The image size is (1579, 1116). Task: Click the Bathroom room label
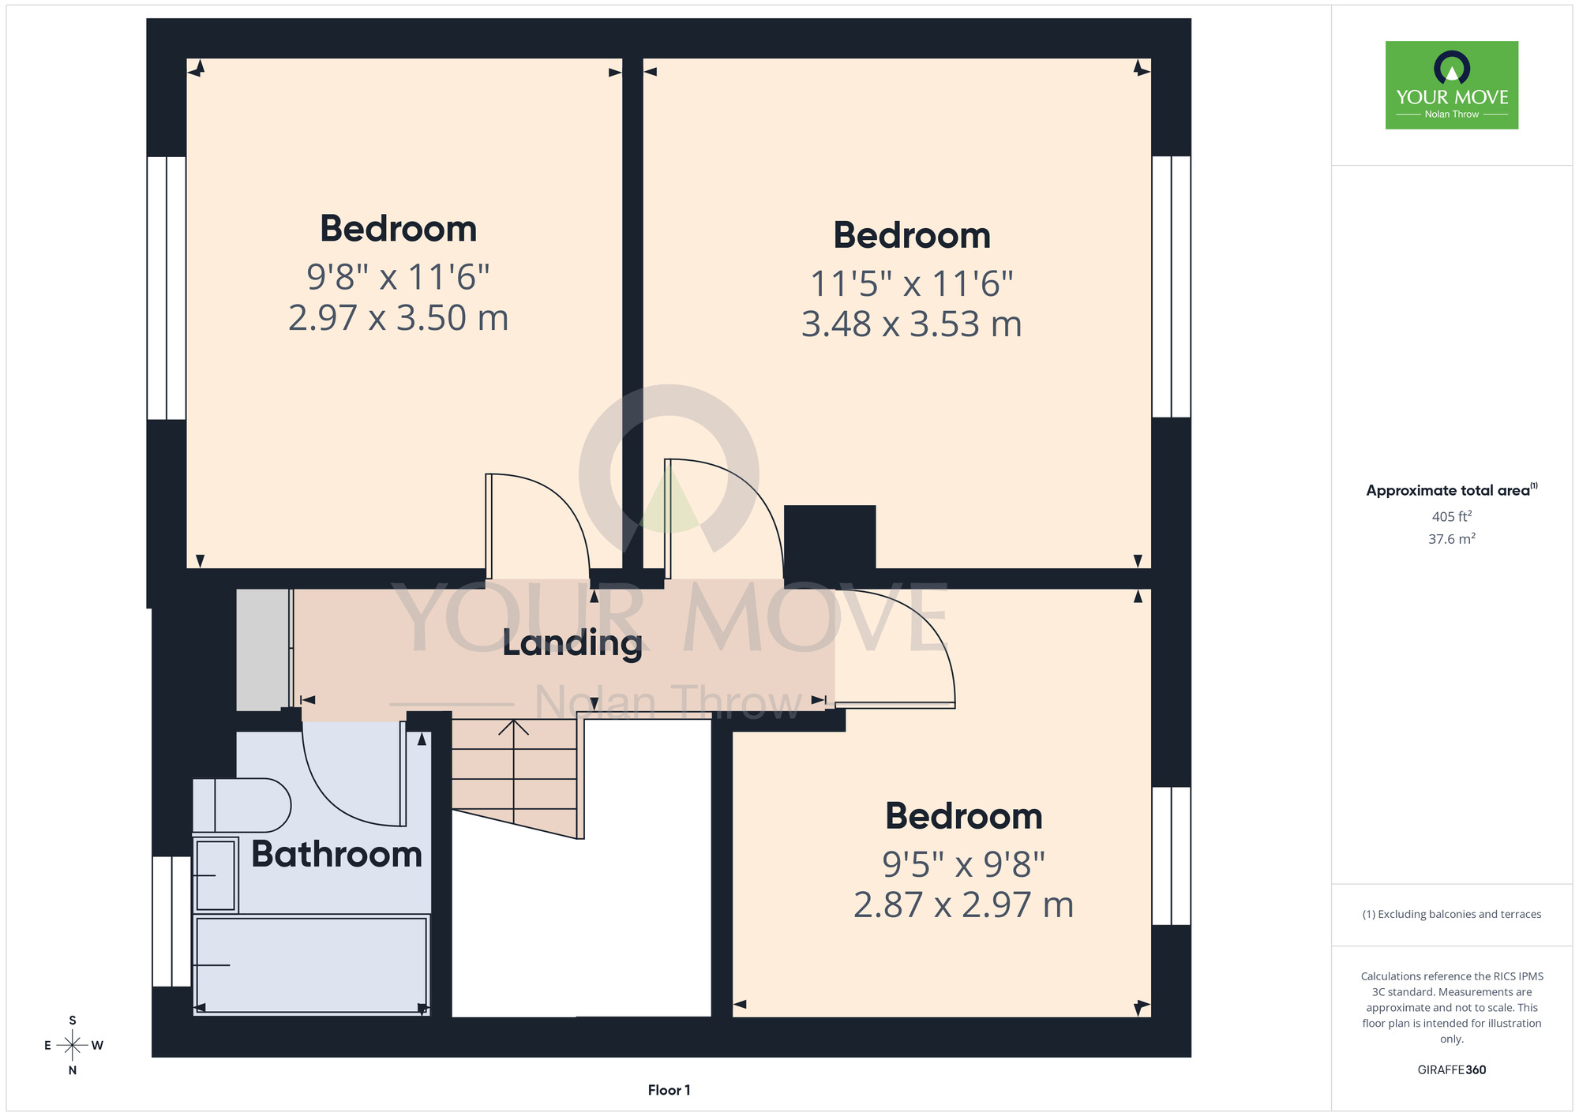[x=337, y=854]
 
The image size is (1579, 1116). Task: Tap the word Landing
[x=572, y=643]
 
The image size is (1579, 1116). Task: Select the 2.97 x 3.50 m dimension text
[x=399, y=318]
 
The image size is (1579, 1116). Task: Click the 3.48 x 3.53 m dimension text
[x=912, y=324]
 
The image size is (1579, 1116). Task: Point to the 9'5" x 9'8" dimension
[x=964, y=865]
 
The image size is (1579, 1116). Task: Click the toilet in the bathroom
[x=242, y=806]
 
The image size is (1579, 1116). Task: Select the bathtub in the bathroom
[x=311, y=964]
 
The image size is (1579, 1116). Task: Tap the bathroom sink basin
[x=216, y=875]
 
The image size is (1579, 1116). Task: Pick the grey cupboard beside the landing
[x=264, y=650]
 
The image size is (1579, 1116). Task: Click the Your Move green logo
[x=1452, y=85]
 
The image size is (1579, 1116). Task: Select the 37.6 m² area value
[x=1452, y=539]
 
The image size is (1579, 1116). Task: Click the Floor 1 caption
[x=669, y=1090]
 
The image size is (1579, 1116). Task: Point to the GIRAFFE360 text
[x=1452, y=1070]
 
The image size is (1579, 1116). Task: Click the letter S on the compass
[x=73, y=1021]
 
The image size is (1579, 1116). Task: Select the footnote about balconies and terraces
[x=1452, y=914]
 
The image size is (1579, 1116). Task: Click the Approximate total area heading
[x=1452, y=490]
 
